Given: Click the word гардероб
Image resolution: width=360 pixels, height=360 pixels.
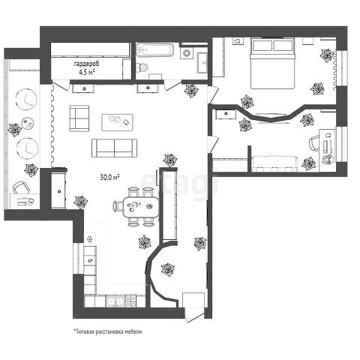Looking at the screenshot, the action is coord(86,64).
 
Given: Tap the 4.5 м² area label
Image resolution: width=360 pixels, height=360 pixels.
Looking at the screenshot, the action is coord(87,73).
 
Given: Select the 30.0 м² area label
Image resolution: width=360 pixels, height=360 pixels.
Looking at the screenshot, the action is coord(109,178).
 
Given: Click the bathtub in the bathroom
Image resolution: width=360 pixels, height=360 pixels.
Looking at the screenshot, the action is coord(155,50).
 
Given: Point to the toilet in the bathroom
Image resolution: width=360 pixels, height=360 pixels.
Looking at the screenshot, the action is coord(142,67).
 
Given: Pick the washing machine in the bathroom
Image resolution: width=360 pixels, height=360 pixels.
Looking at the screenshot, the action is coord(187,52).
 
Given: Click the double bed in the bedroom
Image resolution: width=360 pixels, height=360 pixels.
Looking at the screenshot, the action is coord(272,63).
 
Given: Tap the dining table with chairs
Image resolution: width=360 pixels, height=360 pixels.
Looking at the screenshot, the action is coord(136,207).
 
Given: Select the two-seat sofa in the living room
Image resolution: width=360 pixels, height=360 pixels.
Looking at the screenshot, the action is coord(114,148).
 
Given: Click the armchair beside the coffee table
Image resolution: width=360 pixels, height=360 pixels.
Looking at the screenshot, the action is coord(79,118).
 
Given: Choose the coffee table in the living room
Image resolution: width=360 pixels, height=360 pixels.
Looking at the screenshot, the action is coord(117,122).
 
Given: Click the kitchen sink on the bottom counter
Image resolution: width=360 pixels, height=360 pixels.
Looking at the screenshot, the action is coord(115,301).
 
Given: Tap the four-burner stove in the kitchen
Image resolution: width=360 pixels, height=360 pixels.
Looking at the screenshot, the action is coord(130,301).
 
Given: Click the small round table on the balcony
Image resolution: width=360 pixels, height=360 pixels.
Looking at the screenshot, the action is coord(28,123).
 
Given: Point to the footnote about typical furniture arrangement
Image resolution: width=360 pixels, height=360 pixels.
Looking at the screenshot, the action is coord(108,331).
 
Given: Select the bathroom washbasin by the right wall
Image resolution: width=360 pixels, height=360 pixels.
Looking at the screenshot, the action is coord(202,62).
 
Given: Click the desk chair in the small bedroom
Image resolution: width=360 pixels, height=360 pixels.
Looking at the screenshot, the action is coord(314,143).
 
